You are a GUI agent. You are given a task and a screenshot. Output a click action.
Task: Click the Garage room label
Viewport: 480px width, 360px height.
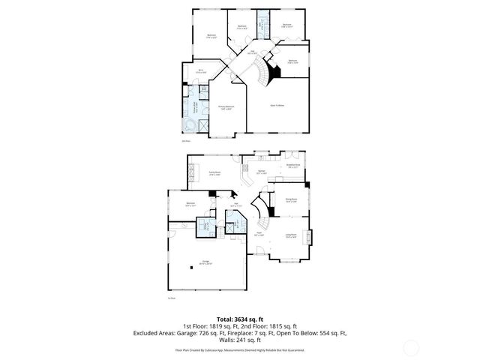point(204,262)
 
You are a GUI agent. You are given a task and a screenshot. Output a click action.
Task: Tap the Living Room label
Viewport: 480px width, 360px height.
point(291,237)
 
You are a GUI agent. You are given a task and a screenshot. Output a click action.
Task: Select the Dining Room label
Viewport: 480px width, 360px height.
point(292,199)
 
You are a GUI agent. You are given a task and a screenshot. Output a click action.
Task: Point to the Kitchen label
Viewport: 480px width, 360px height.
point(262,172)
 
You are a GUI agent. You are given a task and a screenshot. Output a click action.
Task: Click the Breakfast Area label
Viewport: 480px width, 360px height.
point(294,166)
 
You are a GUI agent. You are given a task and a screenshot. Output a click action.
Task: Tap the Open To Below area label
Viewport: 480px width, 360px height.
point(277,106)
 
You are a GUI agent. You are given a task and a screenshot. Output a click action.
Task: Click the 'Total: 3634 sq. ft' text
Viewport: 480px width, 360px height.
point(240,319)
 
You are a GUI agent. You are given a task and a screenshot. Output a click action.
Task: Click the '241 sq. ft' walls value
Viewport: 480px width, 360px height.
point(245,340)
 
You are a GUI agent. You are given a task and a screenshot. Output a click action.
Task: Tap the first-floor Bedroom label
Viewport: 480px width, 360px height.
point(190,204)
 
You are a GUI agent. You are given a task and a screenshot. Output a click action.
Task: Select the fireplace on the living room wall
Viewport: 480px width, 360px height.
point(310,233)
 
